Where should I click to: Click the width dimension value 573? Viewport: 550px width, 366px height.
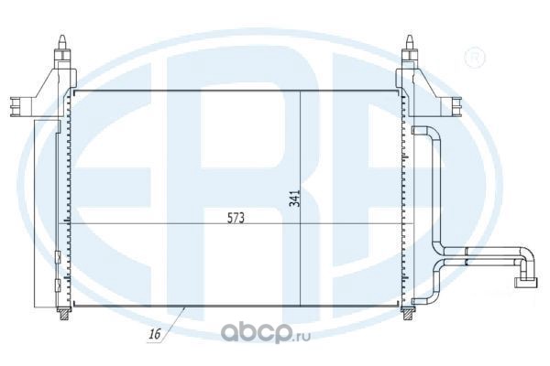pos(236,218)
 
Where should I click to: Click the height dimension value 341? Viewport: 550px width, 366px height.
pos(295,199)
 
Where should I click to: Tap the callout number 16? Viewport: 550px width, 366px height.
pos(155,334)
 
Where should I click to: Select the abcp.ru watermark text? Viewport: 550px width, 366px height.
pos(266,333)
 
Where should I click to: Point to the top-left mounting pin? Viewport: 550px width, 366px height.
pos(61,44)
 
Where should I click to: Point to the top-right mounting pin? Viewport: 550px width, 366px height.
pos(410,44)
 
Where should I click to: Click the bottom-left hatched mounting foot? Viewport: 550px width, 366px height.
pos(64,314)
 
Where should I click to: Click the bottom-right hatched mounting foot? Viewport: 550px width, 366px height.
pos(407,314)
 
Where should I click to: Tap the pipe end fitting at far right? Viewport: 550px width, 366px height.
pos(525,283)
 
